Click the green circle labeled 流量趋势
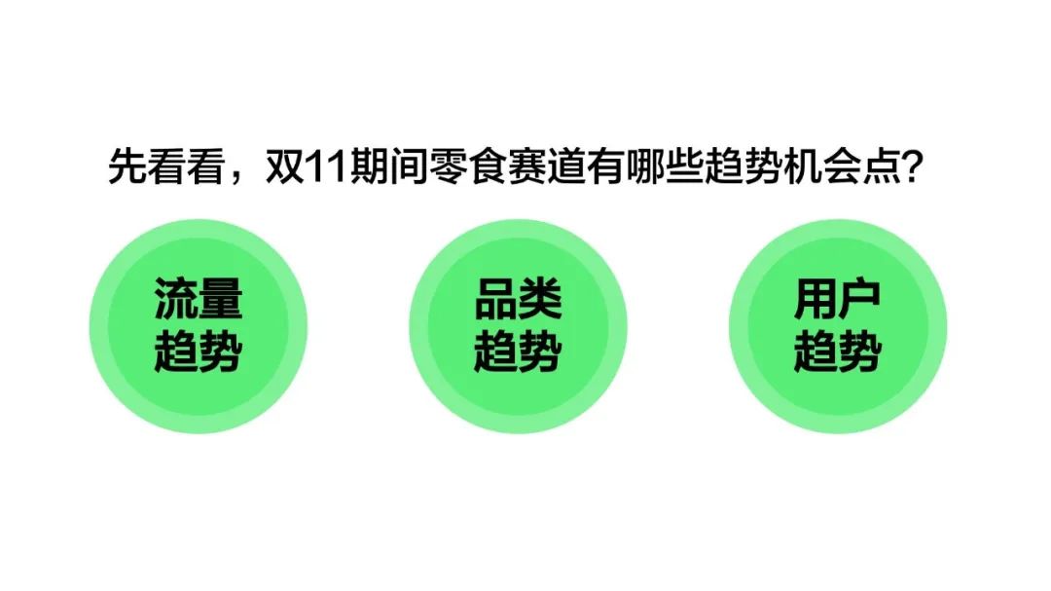click(x=199, y=326)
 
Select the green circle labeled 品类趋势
click(x=518, y=326)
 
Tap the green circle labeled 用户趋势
click(x=838, y=326)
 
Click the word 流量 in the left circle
click(x=199, y=299)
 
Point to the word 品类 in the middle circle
click(x=518, y=299)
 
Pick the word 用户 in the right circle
click(x=838, y=299)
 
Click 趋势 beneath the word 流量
click(x=199, y=351)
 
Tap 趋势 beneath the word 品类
click(x=518, y=351)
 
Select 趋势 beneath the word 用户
click(x=838, y=351)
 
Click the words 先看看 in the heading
click(x=166, y=166)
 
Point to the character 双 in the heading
click(x=285, y=166)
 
